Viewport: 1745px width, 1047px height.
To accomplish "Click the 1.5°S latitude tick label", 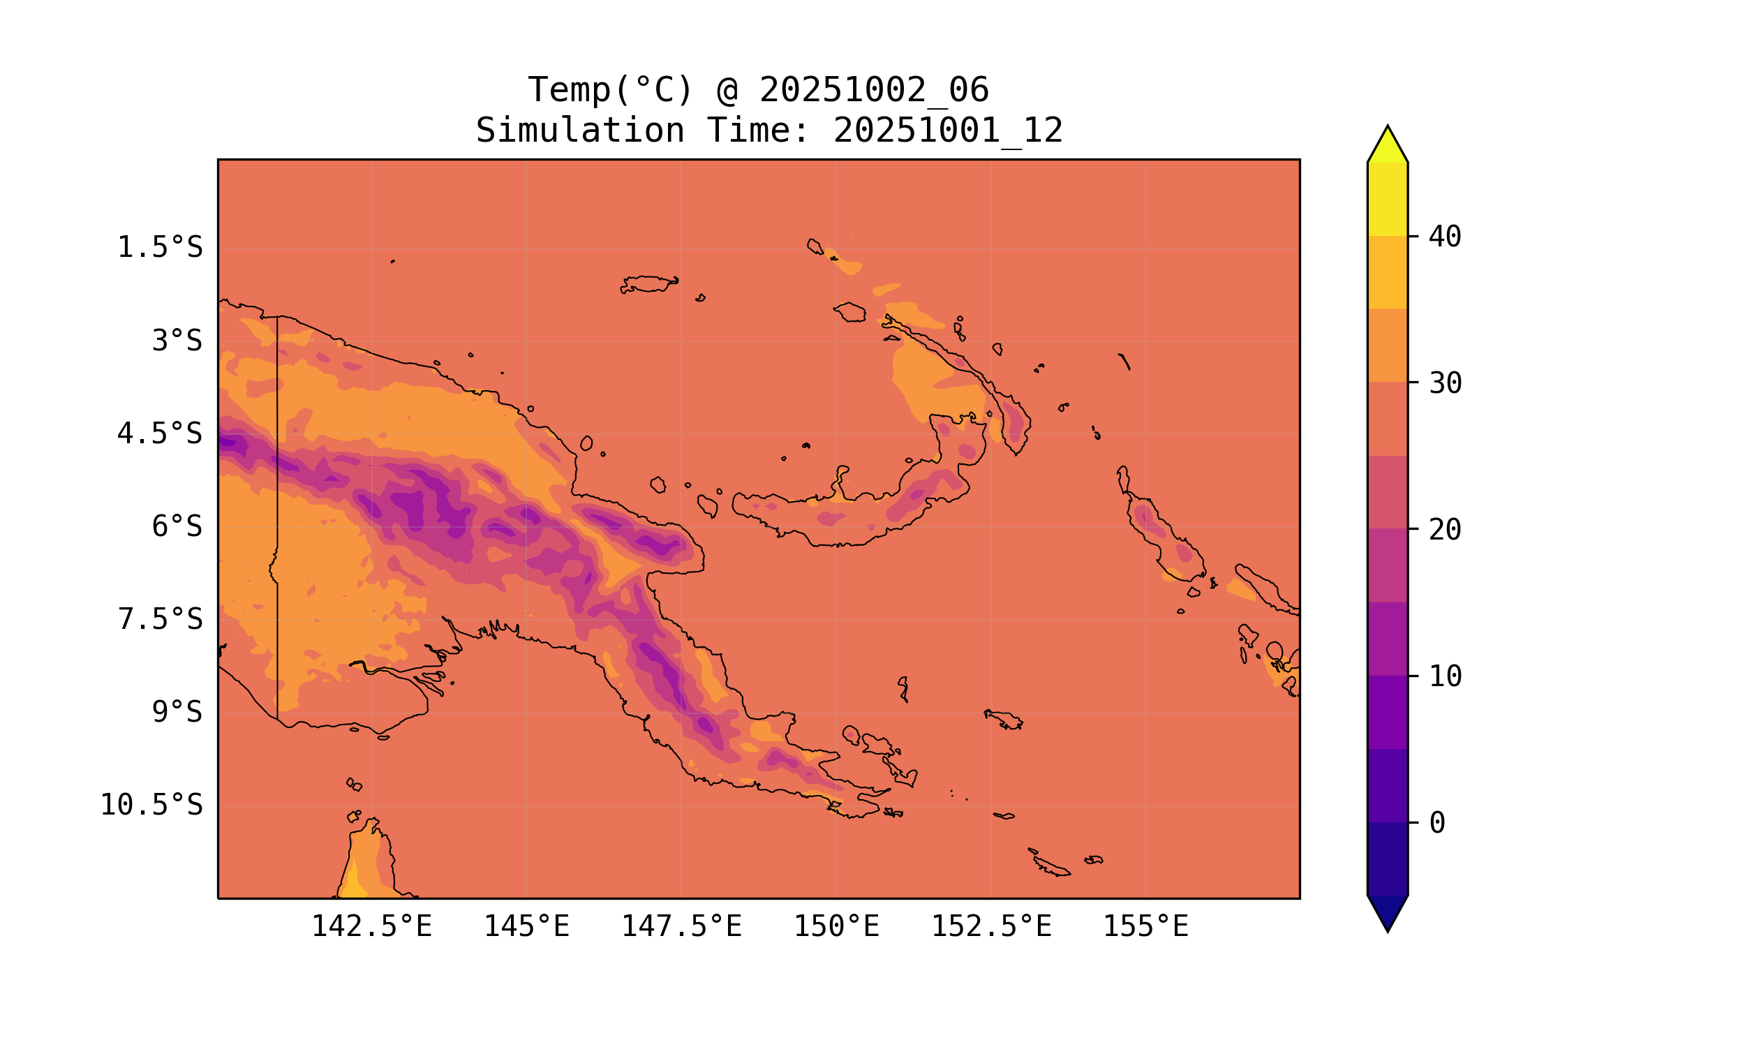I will (159, 248).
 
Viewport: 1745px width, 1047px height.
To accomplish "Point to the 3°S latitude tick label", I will (177, 341).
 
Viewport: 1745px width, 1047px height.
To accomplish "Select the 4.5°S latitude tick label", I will (159, 434).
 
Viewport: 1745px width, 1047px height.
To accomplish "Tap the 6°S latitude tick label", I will (177, 526).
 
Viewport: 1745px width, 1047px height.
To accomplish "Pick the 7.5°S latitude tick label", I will (159, 619).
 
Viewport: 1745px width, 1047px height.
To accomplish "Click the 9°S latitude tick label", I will (177, 712).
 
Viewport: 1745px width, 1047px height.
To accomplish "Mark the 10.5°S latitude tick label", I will (151, 805).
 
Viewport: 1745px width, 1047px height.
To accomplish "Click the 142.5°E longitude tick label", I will (372, 926).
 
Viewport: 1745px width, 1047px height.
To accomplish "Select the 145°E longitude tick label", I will (526, 926).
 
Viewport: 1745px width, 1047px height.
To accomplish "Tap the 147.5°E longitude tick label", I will (681, 926).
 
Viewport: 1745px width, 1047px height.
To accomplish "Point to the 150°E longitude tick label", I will (836, 926).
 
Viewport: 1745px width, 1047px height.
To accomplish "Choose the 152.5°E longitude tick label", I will (991, 926).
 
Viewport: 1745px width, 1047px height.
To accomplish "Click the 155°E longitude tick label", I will (1145, 926).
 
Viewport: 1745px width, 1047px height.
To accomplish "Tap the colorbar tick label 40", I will (1446, 237).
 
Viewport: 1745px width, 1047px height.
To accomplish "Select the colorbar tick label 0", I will (1436, 823).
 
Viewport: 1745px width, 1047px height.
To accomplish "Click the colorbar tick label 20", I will (1446, 530).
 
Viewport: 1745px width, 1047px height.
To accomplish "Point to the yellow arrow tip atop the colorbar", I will (1388, 144).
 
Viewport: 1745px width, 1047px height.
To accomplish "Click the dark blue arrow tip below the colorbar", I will (1388, 913).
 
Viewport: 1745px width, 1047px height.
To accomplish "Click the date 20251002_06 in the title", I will (874, 90).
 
